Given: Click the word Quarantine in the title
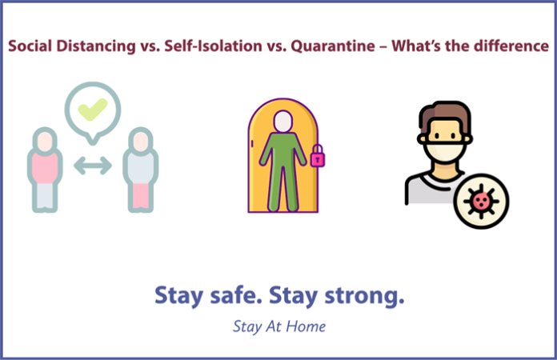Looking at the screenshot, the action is click(x=333, y=46).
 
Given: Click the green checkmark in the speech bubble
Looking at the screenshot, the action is click(x=92, y=109).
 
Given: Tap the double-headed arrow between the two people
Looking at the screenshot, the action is click(x=93, y=166).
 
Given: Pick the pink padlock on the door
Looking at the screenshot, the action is click(x=318, y=156).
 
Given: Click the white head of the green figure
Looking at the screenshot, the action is click(x=283, y=122).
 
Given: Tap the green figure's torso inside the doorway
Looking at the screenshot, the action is click(x=283, y=149).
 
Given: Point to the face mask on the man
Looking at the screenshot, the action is click(x=445, y=151).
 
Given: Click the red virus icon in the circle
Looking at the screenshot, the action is click(x=481, y=201).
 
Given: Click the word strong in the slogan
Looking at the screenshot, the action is click(x=364, y=296).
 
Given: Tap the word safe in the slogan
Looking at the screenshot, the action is click(x=236, y=295).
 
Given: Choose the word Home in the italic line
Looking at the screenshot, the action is click(x=306, y=326).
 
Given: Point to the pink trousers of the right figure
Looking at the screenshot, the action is click(x=141, y=195).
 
